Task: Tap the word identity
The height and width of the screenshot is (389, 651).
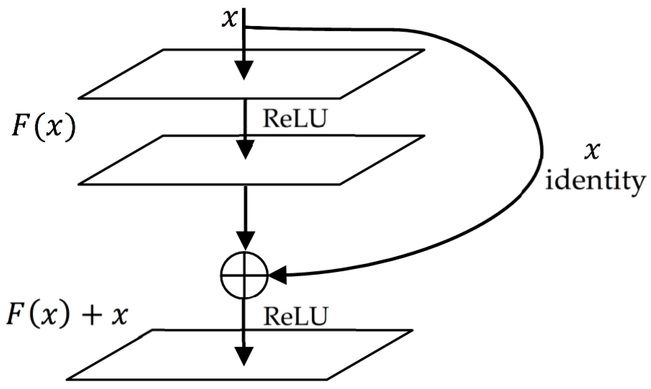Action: pos(595,181)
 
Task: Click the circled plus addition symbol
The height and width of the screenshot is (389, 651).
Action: pos(244,275)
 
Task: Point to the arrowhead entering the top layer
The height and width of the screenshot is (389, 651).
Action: pos(244,70)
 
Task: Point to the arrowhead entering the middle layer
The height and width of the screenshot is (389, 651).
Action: pos(245,149)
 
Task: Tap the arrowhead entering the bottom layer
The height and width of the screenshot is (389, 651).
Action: pos(244,356)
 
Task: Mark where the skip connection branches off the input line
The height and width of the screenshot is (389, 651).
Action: pos(245,27)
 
